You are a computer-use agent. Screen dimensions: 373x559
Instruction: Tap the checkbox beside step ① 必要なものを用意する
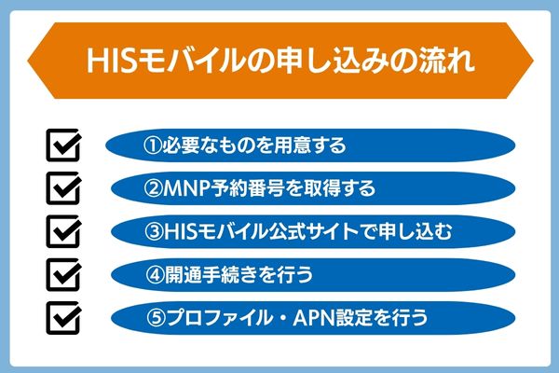(64, 147)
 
